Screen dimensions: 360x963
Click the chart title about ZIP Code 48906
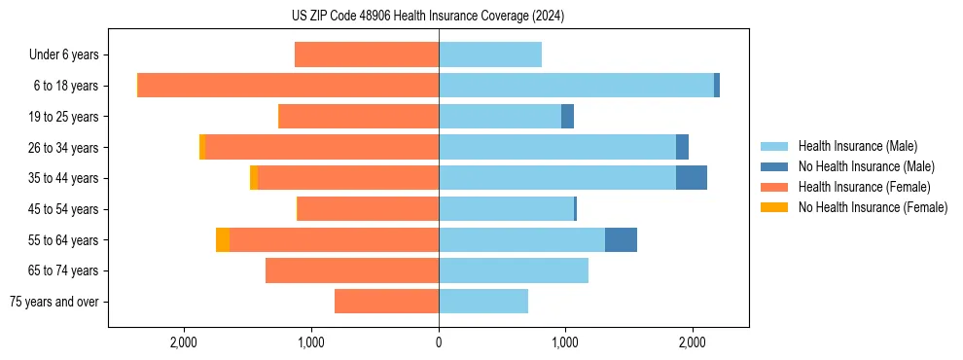[428, 17]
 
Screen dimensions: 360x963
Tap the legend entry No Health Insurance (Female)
[873, 207]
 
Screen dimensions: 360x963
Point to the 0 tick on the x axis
[439, 342]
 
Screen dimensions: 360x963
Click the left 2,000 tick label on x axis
[184, 342]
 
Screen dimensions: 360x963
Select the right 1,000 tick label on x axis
[565, 342]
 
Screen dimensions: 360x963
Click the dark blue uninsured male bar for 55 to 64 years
[621, 239]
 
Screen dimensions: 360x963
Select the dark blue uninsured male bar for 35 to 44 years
[692, 178]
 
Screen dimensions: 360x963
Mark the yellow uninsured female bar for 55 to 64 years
[223, 239]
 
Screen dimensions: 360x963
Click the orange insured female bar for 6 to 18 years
[288, 86]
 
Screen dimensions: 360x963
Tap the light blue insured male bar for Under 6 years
[490, 55]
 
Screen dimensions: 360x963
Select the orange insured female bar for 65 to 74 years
[352, 270]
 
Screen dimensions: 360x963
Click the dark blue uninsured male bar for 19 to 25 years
[567, 117]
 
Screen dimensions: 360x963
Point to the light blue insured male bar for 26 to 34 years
[557, 147]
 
